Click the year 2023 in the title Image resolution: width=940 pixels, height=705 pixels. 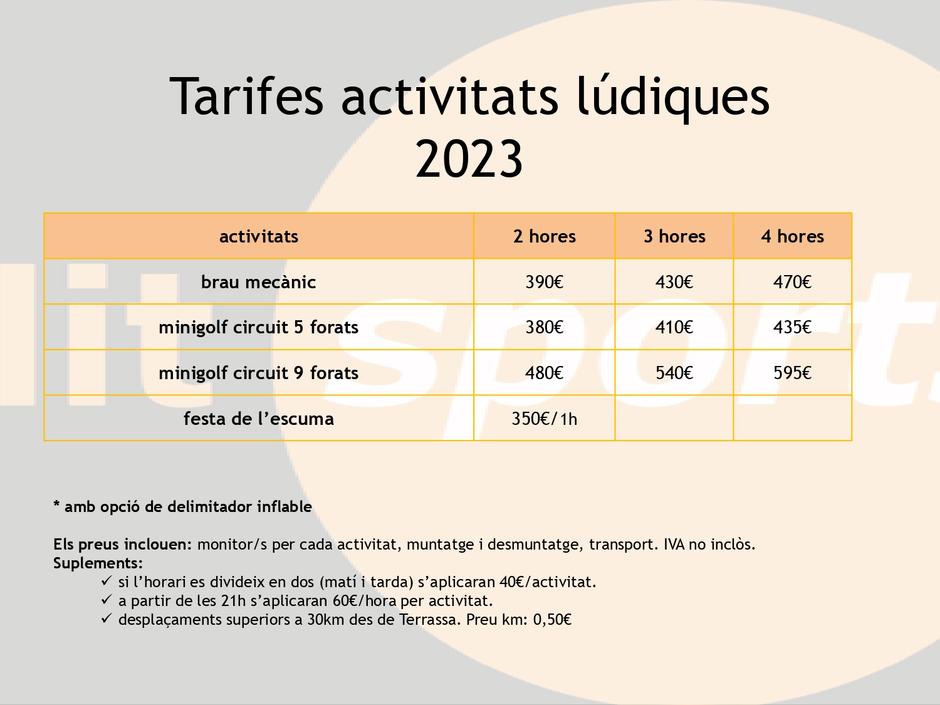tap(469, 159)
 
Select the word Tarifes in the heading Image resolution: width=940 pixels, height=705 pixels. tap(246, 96)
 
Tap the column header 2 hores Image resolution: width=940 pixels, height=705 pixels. tap(545, 236)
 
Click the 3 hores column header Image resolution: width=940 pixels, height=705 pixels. tap(674, 236)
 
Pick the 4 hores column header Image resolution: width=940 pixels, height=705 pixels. tap(792, 236)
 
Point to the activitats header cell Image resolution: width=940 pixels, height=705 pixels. tap(259, 236)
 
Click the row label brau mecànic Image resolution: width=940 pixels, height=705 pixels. tap(259, 282)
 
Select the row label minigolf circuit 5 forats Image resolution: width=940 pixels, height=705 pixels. tap(259, 328)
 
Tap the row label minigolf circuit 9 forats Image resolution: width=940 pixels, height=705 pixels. tap(259, 373)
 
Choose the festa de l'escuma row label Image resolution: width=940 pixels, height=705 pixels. tap(259, 419)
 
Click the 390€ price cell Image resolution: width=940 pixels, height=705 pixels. tap(545, 282)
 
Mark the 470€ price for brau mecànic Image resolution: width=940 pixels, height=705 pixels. tap(792, 282)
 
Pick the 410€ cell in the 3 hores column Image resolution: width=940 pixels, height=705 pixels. tap(674, 328)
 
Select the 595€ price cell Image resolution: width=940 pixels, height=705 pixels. tap(792, 373)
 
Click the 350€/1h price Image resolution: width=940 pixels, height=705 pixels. tap(545, 419)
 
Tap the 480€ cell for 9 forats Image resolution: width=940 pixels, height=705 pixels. tap(545, 373)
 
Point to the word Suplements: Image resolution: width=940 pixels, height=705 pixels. tap(98, 563)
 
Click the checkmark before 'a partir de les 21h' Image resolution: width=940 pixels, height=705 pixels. tap(107, 600)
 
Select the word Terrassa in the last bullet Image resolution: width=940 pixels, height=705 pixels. tap(430, 619)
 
